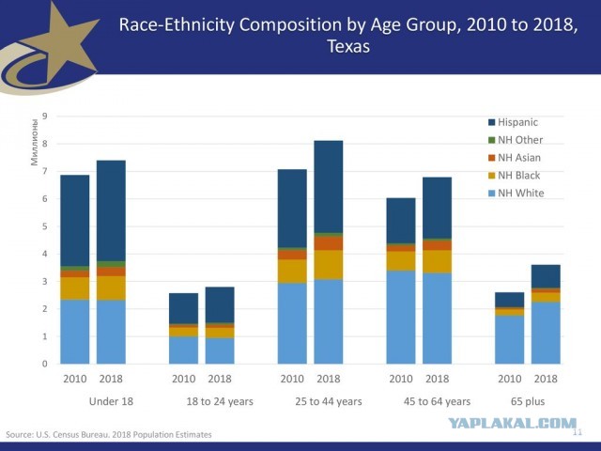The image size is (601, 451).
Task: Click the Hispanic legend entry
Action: [513, 122]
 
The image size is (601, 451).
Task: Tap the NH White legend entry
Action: [516, 193]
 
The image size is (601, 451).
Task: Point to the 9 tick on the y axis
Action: [45, 116]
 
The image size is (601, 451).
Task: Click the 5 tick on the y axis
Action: [45, 226]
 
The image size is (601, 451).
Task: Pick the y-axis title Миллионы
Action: [35, 143]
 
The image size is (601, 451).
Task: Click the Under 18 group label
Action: [111, 401]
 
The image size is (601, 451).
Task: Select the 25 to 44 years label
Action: [329, 401]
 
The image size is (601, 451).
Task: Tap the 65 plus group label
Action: [528, 401]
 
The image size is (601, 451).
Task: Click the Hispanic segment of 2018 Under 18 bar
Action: [111, 210]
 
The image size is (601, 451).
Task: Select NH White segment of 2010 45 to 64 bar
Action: [401, 318]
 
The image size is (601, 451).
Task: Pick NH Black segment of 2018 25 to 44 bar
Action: [329, 265]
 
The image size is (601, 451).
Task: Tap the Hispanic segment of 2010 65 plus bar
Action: [509, 300]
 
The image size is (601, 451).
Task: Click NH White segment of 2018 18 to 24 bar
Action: [220, 350]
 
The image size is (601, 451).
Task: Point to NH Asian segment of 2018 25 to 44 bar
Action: [329, 243]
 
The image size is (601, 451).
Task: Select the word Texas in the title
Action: [348, 47]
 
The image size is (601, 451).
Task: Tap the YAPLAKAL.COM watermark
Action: [513, 424]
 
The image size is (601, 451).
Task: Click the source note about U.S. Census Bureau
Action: [109, 434]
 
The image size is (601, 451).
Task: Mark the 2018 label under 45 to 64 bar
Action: [437, 379]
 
